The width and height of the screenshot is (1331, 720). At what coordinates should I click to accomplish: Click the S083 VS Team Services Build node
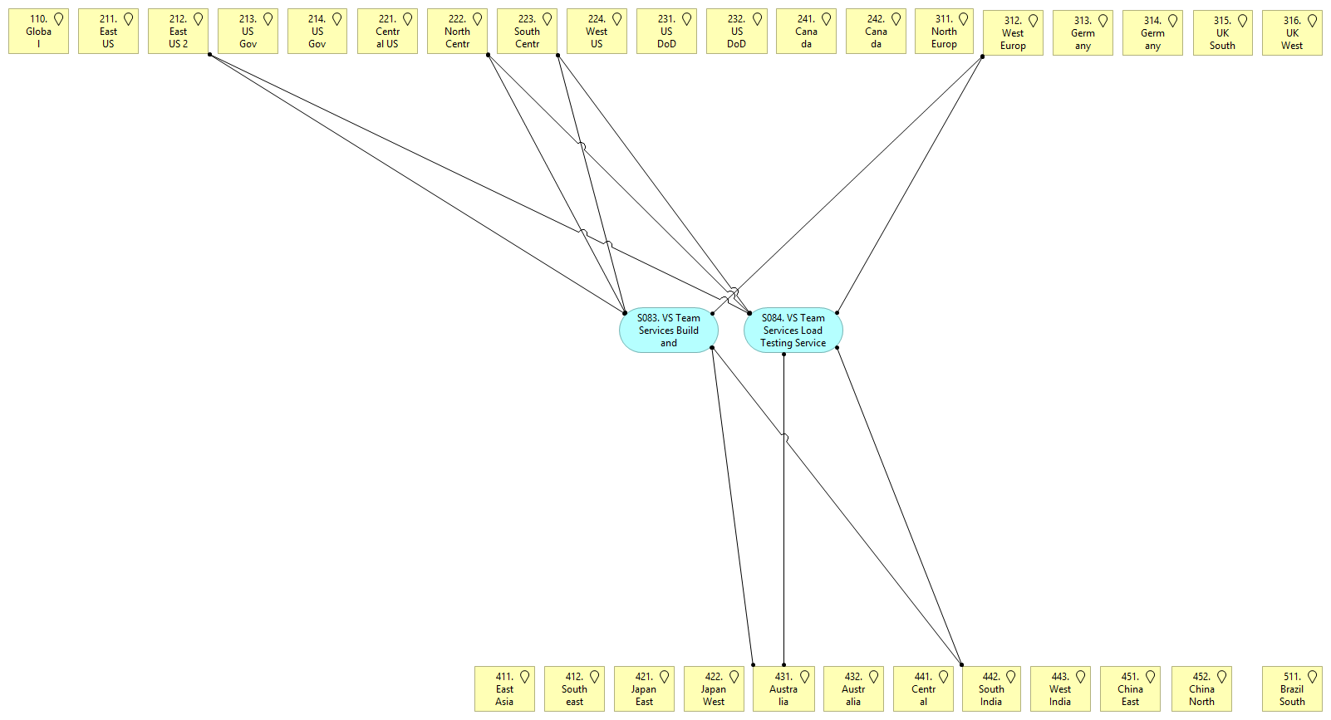click(x=668, y=331)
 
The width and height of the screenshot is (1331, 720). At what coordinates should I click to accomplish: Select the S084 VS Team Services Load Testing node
click(x=793, y=331)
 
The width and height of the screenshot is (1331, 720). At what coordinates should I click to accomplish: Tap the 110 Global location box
click(x=38, y=32)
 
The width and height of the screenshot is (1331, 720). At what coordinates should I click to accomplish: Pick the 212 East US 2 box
click(x=178, y=32)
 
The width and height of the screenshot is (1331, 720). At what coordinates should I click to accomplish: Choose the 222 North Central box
click(x=457, y=32)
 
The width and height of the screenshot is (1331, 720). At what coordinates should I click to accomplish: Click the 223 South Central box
click(x=527, y=32)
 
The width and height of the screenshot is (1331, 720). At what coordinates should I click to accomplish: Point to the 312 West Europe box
click(x=1012, y=33)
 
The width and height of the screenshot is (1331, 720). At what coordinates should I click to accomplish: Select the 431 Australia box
click(x=783, y=689)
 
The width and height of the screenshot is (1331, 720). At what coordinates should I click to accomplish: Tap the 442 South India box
click(x=990, y=689)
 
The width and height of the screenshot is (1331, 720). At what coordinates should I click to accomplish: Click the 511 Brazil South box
click(x=1291, y=689)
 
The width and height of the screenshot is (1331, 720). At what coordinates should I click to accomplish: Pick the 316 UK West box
click(x=1291, y=33)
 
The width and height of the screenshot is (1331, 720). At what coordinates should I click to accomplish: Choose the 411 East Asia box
click(x=504, y=689)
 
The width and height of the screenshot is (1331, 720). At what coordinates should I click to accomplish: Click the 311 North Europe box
click(x=943, y=32)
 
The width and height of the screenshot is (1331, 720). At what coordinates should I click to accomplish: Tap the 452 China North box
click(x=1201, y=689)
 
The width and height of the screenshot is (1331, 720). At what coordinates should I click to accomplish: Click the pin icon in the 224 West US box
click(x=617, y=19)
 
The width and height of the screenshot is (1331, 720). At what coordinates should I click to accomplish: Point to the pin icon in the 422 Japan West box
click(x=734, y=677)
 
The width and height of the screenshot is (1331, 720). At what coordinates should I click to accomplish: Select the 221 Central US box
click(x=387, y=32)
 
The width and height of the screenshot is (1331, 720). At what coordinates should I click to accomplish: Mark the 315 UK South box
click(x=1221, y=33)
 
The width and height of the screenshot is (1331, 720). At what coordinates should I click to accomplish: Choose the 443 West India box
click(x=1059, y=689)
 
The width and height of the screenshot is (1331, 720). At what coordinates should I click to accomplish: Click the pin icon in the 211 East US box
click(x=129, y=19)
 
